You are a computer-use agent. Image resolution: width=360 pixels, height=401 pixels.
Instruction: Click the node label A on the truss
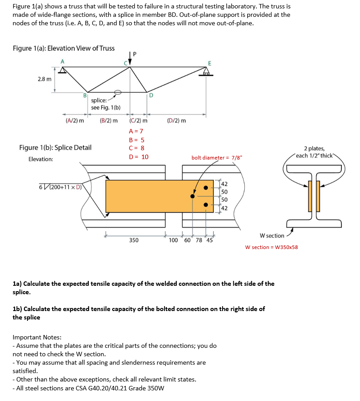point(63,61)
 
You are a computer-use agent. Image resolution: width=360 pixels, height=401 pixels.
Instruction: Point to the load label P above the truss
point(135,54)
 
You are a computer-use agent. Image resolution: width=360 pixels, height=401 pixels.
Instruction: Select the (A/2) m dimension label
point(74,121)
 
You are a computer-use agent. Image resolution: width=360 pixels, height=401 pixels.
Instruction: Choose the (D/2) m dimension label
point(176,121)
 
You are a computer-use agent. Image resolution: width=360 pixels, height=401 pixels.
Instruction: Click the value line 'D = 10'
point(138,157)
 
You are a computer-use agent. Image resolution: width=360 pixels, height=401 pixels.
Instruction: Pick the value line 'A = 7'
point(136,131)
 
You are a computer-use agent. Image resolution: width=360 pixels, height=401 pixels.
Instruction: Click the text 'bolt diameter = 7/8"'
point(217,157)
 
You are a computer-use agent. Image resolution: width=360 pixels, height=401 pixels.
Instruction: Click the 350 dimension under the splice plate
point(133,241)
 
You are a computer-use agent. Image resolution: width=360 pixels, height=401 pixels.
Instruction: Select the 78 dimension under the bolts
point(198,241)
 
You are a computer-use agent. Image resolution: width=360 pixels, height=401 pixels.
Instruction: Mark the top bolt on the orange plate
point(206,187)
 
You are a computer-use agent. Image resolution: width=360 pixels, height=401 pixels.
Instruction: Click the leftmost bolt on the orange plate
point(192,196)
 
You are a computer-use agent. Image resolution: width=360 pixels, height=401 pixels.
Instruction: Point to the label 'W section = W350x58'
point(271,247)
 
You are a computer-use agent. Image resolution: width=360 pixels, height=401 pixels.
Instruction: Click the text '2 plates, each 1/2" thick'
point(316,152)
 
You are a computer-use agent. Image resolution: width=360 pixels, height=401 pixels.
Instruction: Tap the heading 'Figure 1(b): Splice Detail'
point(55,148)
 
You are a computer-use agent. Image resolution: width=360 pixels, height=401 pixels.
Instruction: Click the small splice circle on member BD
point(117,93)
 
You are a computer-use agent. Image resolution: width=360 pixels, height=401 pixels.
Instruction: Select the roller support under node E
point(205,73)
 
